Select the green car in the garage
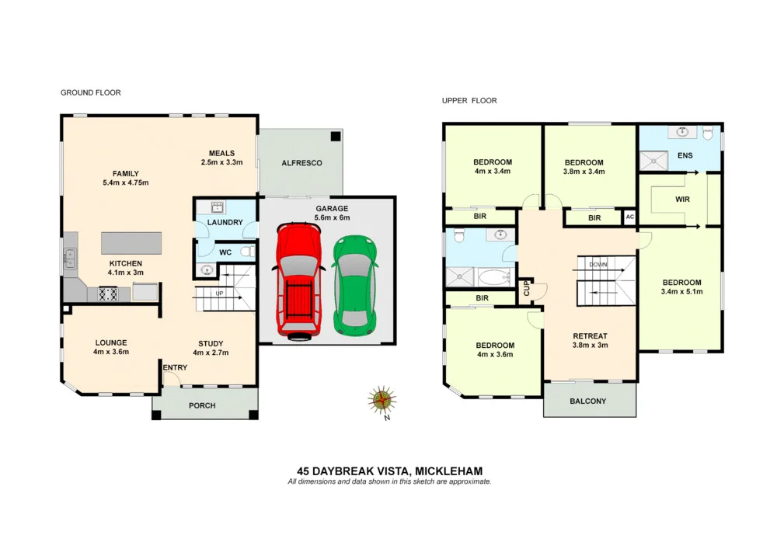click(354, 284)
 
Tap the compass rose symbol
click(382, 400)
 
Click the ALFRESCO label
click(301, 163)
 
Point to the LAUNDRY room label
click(225, 223)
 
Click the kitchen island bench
click(131, 243)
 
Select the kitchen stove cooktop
click(106, 294)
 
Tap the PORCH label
click(202, 406)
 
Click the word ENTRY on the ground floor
click(174, 367)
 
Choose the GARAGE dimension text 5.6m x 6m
click(333, 218)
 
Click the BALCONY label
click(588, 401)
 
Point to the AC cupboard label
click(629, 217)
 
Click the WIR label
click(683, 200)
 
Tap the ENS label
click(685, 156)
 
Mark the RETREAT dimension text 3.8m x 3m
click(590, 346)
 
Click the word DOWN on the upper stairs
click(598, 265)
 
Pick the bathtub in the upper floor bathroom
click(494, 277)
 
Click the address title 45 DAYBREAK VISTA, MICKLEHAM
click(389, 471)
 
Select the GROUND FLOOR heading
click(91, 93)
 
